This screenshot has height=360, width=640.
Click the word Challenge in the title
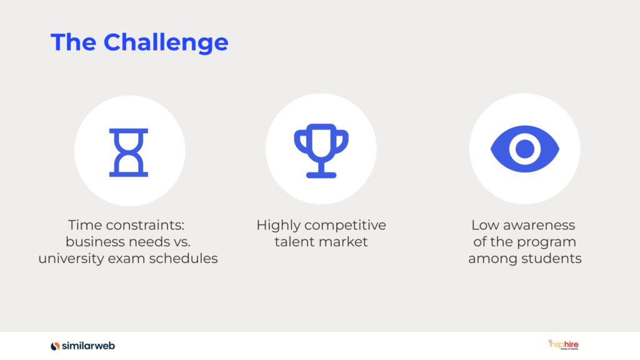pyautogui.click(x=166, y=43)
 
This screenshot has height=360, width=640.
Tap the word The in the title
pyautogui.click(x=74, y=42)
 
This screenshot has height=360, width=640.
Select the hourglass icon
pyautogui.click(x=129, y=152)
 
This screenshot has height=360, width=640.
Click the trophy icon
pyautogui.click(x=321, y=151)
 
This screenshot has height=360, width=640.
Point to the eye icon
pyautogui.click(x=525, y=149)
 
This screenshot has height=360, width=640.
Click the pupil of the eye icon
pyautogui.click(x=525, y=149)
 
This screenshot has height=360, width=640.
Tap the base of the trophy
pyautogui.click(x=321, y=175)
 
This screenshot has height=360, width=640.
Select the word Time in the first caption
pyautogui.click(x=84, y=225)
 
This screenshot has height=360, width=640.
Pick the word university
pyautogui.click(x=71, y=259)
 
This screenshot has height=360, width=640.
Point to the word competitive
pyautogui.click(x=345, y=226)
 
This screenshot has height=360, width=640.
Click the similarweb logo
pyautogui.click(x=83, y=346)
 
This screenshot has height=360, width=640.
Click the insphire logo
pyautogui.click(x=563, y=344)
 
